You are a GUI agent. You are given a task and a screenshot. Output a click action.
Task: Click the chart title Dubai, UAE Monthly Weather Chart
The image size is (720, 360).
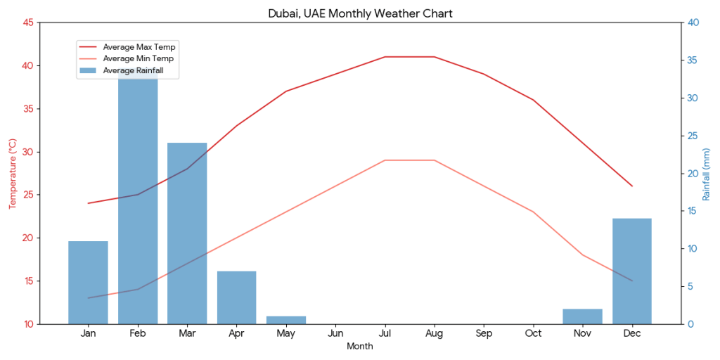360,13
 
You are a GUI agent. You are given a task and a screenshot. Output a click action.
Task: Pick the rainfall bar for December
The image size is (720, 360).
632,271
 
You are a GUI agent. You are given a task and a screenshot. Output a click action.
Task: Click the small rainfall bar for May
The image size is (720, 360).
286,320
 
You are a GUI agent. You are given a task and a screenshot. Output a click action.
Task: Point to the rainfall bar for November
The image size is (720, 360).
582,316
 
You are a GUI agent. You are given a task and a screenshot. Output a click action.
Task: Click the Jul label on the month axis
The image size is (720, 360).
385,333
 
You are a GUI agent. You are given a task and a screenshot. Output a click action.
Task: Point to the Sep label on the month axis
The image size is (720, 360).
484,333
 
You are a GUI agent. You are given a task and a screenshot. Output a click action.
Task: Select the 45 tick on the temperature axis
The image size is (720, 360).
27,22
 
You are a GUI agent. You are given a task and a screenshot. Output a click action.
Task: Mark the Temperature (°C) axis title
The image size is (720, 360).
12,174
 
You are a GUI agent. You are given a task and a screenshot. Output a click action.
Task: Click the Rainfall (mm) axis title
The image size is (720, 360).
707,174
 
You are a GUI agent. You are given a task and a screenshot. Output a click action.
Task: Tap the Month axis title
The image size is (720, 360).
360,347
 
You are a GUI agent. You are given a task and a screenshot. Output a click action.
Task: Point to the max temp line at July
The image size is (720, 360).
385,57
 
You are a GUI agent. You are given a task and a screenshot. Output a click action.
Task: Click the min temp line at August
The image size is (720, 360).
435,160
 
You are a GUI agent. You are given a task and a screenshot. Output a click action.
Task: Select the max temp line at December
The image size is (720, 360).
632,186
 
